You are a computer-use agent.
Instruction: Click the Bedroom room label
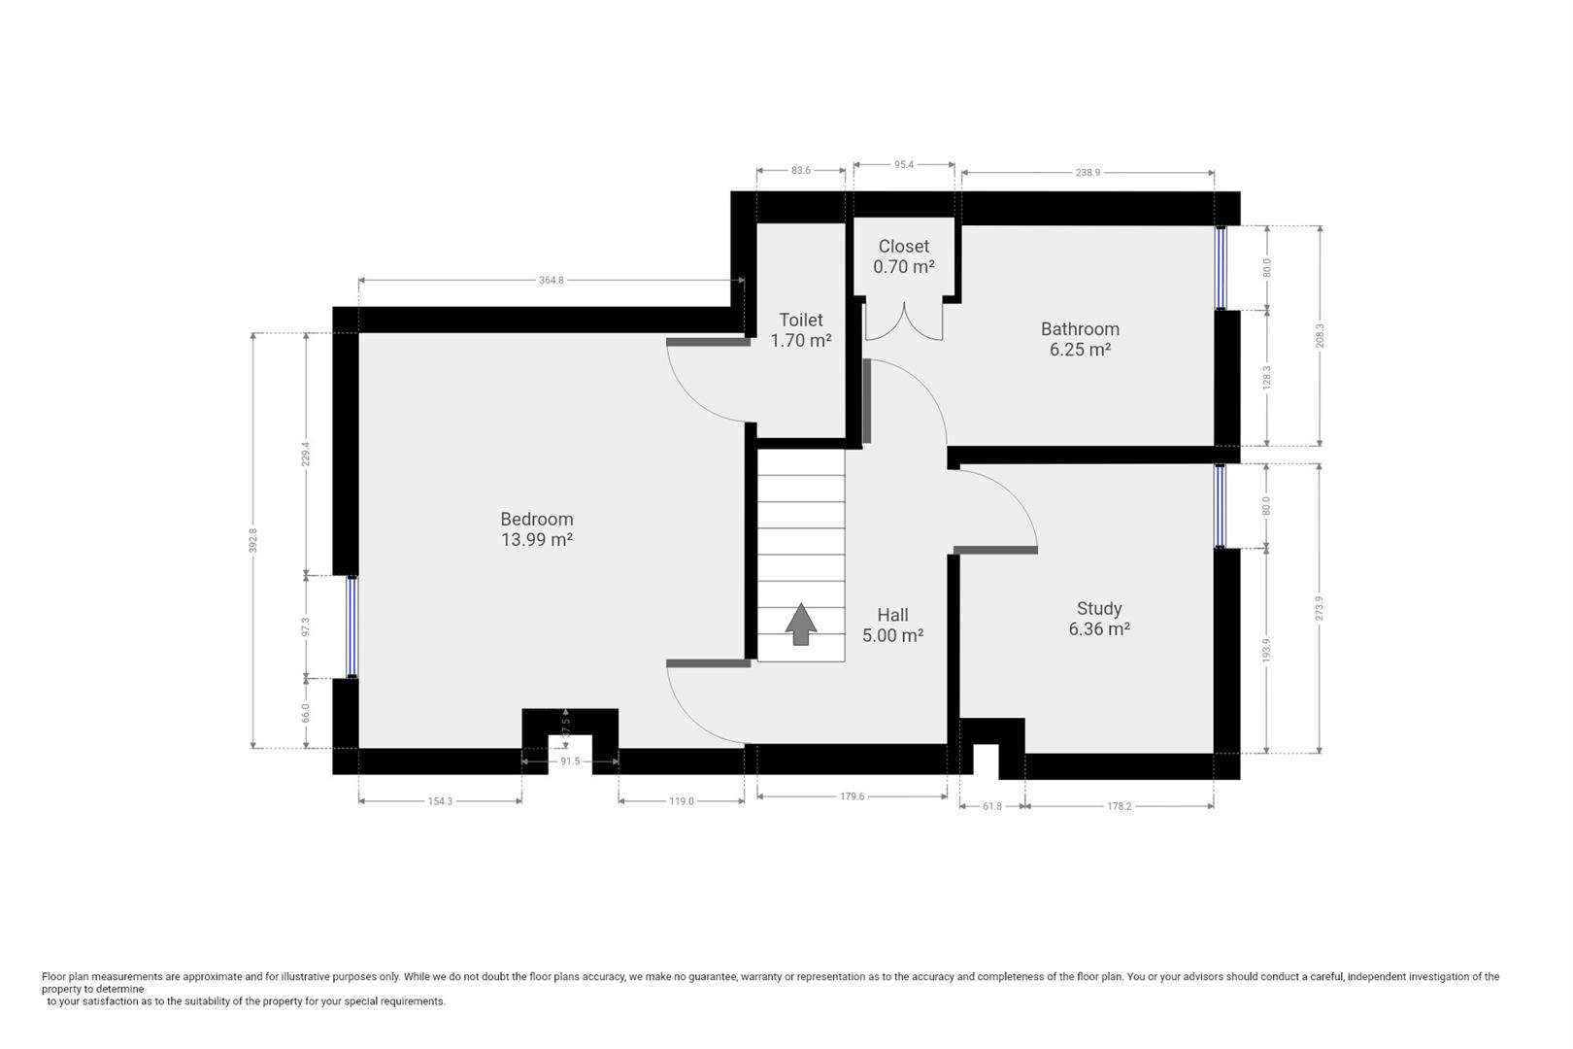(x=537, y=529)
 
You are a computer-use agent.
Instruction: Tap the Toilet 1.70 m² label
(x=800, y=330)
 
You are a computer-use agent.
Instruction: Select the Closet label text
(x=904, y=246)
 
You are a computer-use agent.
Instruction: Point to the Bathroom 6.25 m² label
(x=1080, y=339)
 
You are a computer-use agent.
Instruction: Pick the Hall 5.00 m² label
(x=892, y=626)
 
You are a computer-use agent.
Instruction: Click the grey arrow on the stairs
(x=800, y=624)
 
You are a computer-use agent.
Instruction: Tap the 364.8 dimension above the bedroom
(x=552, y=281)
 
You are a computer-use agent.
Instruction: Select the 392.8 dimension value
(x=253, y=540)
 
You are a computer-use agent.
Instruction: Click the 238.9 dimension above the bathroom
(x=1088, y=172)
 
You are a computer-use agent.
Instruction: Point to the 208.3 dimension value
(x=1320, y=335)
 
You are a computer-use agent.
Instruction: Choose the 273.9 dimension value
(x=1320, y=608)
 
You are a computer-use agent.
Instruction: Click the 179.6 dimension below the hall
(x=852, y=796)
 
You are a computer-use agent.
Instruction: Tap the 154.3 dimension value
(x=440, y=801)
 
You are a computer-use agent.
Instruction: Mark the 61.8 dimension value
(x=992, y=806)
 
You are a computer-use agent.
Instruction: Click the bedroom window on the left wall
(x=351, y=626)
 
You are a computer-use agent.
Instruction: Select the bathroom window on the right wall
(x=1222, y=268)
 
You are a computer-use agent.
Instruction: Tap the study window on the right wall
(x=1221, y=506)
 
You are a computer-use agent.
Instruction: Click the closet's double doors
(x=904, y=322)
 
